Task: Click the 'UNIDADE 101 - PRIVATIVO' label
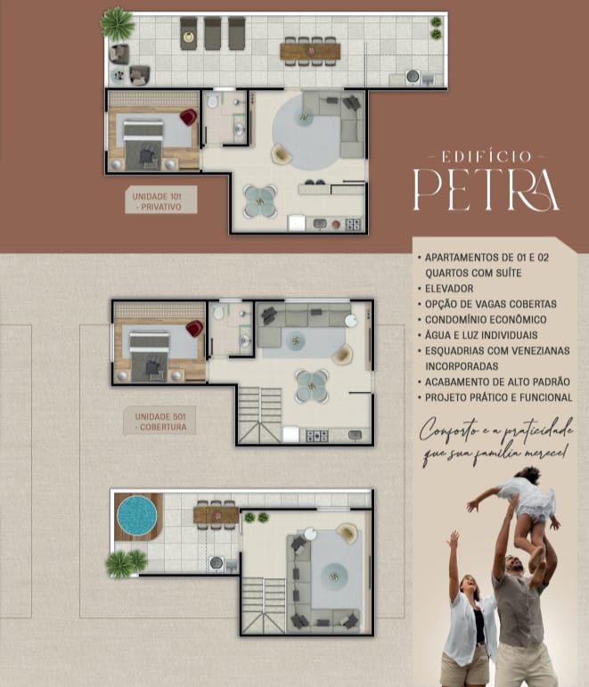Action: point(160,201)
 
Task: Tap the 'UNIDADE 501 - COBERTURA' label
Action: point(160,421)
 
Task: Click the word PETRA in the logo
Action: point(487,189)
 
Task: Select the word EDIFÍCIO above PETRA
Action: point(487,157)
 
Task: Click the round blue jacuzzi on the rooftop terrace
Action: point(137,516)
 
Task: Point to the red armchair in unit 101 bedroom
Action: point(188,117)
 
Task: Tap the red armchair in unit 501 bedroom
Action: point(194,328)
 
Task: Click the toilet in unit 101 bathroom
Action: point(213,102)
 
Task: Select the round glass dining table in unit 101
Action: point(260,201)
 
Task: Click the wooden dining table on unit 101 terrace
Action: point(310,52)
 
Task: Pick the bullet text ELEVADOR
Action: point(449,289)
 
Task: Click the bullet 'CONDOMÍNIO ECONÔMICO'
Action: point(486,319)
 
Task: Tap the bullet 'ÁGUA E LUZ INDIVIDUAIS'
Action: point(481,335)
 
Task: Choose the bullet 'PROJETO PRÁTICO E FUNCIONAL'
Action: point(499,397)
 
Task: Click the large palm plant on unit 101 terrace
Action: point(117,23)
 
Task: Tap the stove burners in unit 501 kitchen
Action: point(317,436)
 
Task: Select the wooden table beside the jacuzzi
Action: point(216,515)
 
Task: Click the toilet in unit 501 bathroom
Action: point(218,313)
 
